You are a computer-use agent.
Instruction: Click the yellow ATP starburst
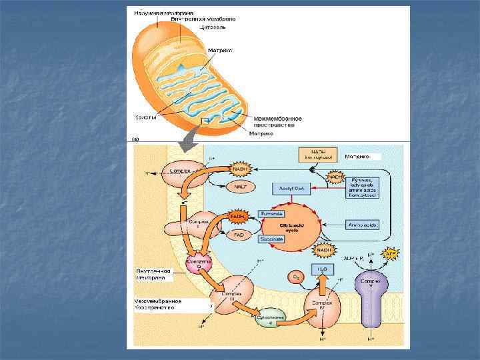pos(390,255)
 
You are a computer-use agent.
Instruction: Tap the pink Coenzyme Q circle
pos(199,264)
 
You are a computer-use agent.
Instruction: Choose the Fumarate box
pos(272,214)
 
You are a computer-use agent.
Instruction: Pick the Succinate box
pos(272,237)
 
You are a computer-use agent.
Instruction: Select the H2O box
pos(321,270)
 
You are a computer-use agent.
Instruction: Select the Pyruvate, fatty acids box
pos(363,185)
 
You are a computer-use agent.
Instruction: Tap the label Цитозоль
pos(221,27)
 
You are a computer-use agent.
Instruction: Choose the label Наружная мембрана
pos(163,12)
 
